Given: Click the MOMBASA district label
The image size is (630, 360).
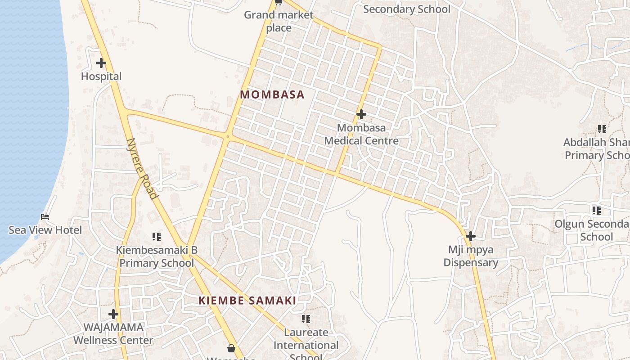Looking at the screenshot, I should point(272,95).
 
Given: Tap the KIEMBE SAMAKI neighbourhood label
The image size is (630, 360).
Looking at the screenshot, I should point(247,301).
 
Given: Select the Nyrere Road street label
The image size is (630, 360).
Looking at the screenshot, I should point(142,168).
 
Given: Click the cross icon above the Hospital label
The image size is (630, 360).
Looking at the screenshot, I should point(101,63).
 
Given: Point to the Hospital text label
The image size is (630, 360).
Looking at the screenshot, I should point(101,76).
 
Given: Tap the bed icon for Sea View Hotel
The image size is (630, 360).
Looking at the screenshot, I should point(45,217).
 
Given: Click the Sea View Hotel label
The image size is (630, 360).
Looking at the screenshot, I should point(45,230).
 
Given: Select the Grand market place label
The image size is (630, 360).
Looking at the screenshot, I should point(279,21).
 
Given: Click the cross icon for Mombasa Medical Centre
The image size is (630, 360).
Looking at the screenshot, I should point(361,114).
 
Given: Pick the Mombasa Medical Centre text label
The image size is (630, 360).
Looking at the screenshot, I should point(361,134).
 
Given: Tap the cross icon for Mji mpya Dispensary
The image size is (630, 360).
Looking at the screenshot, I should point(471,236).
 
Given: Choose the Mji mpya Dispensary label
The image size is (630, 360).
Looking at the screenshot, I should point(471,256).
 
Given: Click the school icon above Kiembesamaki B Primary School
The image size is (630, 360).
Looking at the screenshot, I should point(157,236).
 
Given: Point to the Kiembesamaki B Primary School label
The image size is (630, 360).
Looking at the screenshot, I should point(157,256).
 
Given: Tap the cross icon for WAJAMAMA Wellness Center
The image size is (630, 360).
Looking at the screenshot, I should point(113,314).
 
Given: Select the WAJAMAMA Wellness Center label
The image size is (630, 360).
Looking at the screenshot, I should point(113,334).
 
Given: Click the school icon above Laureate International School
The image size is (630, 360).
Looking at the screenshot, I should point(306,319).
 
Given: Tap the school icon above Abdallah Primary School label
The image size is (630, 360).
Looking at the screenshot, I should point(602,129).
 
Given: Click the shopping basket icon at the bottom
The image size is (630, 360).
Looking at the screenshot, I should point(231,348).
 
